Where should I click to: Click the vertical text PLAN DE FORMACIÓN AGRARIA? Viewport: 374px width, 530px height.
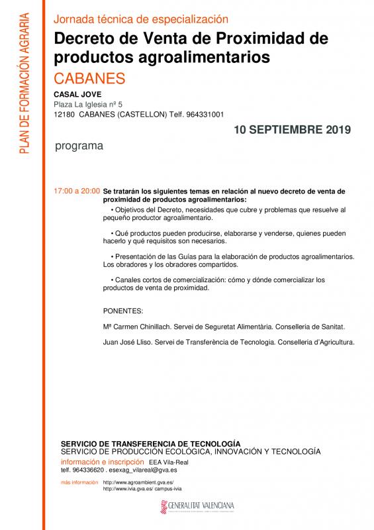pyautogui.click(x=24, y=85)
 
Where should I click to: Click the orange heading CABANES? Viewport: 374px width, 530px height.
pyautogui.click(x=89, y=78)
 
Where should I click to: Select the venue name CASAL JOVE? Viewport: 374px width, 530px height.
pyautogui.click(x=77, y=94)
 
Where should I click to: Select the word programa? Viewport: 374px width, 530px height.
pyautogui.click(x=79, y=146)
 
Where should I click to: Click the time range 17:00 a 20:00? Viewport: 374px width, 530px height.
pyautogui.click(x=77, y=191)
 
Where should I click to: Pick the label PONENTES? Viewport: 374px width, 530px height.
pyautogui.click(x=123, y=311)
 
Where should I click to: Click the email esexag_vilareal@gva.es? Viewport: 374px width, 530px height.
pyautogui.click(x=126, y=469)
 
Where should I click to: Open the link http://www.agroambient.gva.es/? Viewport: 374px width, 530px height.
pyautogui.click(x=138, y=482)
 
